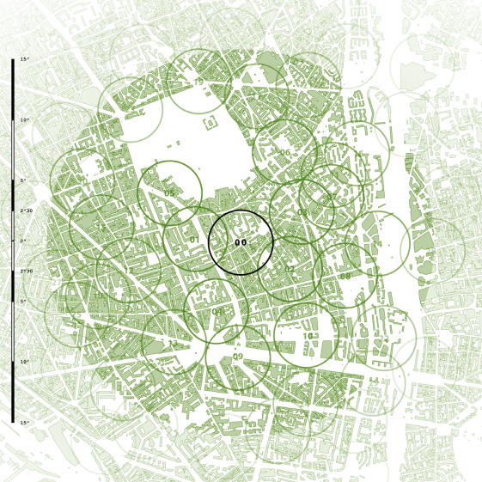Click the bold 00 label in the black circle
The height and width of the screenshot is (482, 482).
241,243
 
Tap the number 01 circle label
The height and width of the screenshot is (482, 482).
194,241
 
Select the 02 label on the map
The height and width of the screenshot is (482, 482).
289,270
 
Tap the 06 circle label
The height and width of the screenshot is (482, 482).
284,153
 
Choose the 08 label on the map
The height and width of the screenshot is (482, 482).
345,277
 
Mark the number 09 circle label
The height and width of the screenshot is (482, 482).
238,357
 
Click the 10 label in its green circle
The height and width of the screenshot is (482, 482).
308,336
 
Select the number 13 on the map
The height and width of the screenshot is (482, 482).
173,344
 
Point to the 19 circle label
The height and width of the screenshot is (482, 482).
198,82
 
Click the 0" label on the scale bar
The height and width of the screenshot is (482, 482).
24,241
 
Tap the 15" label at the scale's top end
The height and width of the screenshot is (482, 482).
25,59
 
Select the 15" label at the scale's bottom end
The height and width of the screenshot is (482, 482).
25,423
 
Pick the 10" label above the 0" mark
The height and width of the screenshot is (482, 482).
25,119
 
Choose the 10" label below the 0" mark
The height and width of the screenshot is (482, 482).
25,363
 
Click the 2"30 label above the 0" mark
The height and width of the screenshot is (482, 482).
27,210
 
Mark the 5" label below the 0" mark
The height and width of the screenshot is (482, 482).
24,302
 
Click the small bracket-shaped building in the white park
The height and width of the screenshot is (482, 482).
210,123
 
